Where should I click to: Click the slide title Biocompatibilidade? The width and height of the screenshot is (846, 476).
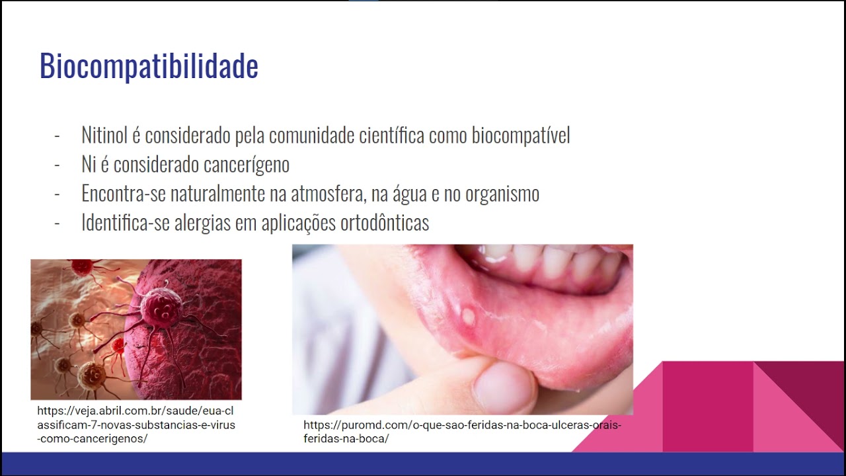pos(149,67)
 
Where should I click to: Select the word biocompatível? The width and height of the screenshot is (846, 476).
pos(521,136)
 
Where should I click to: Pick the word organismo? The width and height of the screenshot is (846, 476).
pos(502,194)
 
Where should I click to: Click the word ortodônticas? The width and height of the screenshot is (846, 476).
pos(385,222)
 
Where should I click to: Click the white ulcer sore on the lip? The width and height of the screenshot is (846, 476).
pos(469,316)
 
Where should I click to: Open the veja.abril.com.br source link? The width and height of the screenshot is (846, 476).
pos(136,424)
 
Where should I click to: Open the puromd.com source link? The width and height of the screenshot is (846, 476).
pos(462,432)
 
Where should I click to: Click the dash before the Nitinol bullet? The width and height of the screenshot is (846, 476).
pos(57,136)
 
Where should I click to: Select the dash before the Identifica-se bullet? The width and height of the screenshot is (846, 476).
pos(57,223)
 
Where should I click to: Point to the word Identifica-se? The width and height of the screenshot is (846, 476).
pos(125,222)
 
